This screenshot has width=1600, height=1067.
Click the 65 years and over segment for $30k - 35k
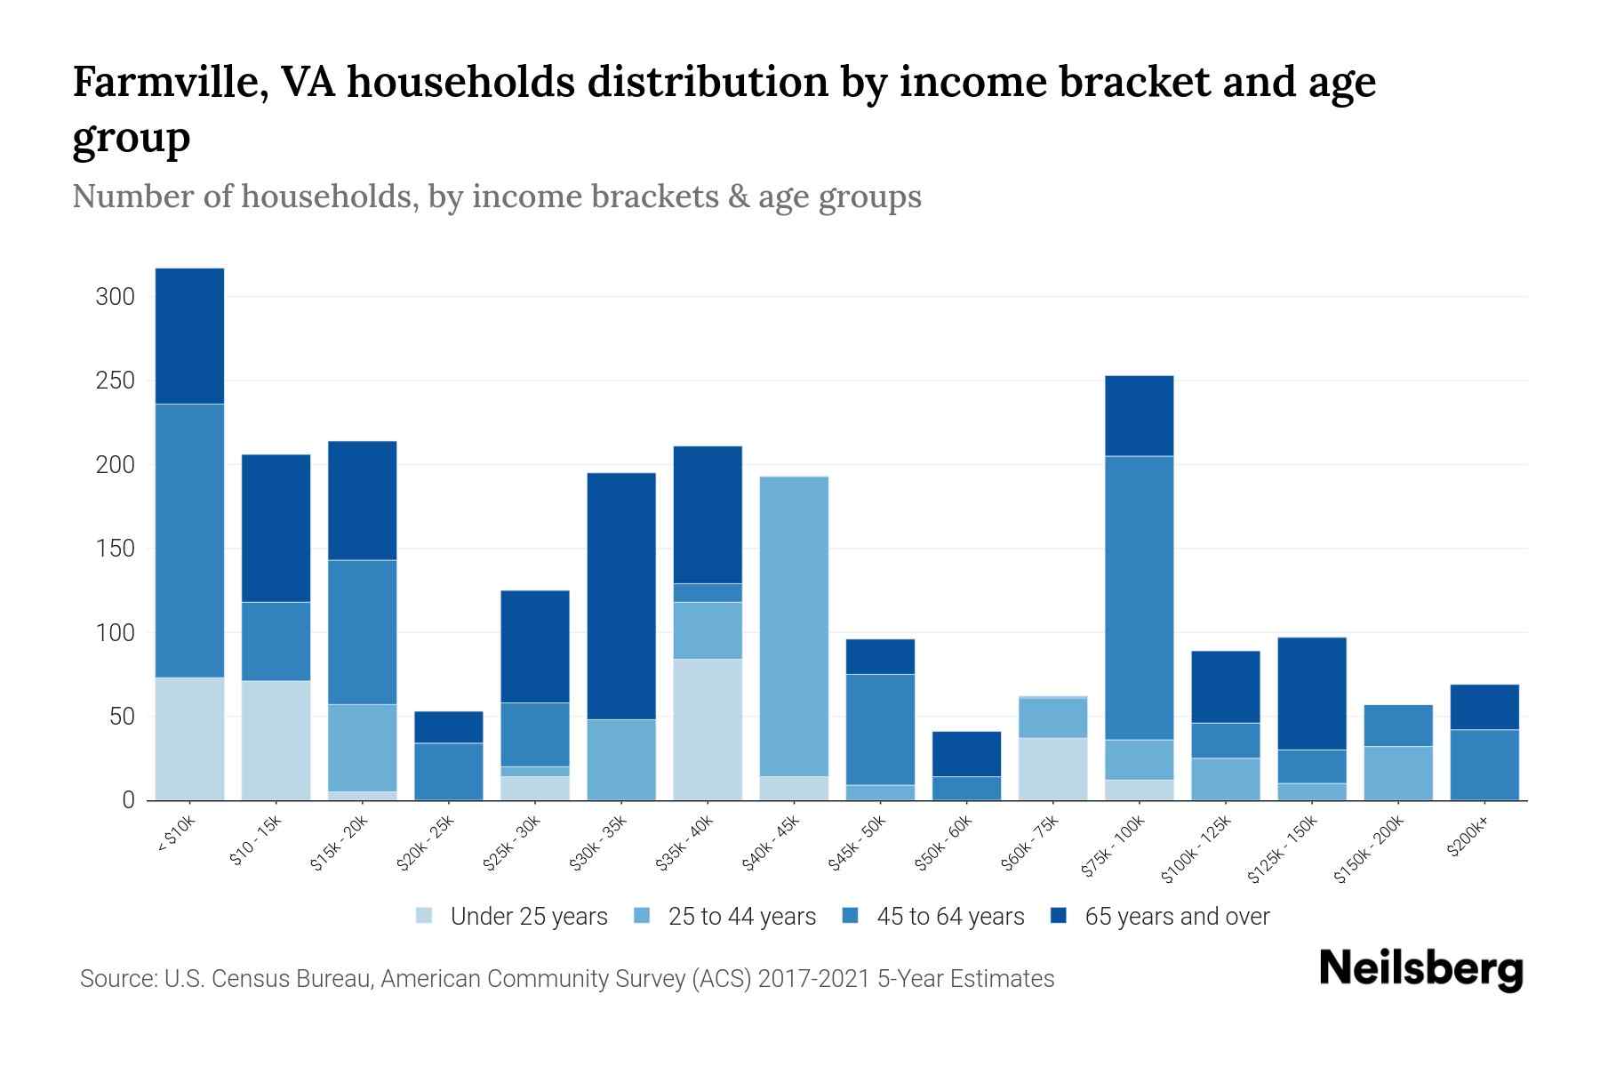pyautogui.click(x=621, y=596)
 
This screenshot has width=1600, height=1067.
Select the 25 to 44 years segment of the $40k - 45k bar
pyautogui.click(x=794, y=627)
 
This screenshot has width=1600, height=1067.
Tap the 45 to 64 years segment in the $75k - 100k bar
pyautogui.click(x=1139, y=598)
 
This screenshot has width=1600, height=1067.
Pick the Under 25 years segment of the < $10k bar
pyautogui.click(x=189, y=739)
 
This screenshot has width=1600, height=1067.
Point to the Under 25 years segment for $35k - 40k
pyautogui.click(x=708, y=729)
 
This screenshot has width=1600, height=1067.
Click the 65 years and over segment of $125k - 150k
pyautogui.click(x=1311, y=694)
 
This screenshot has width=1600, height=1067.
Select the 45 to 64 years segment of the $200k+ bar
pyautogui.click(x=1484, y=765)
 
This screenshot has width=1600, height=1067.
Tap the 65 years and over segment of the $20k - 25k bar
pyautogui.click(x=449, y=726)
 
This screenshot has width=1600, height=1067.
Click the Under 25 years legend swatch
pyautogui.click(x=425, y=916)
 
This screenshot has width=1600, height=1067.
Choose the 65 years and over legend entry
pyautogui.click(x=1176, y=916)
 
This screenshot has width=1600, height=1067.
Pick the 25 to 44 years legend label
pyautogui.click(x=741, y=916)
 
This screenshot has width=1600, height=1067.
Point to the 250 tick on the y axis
pyautogui.click(x=115, y=381)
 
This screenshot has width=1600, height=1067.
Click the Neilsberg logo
pyautogui.click(x=1420, y=969)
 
